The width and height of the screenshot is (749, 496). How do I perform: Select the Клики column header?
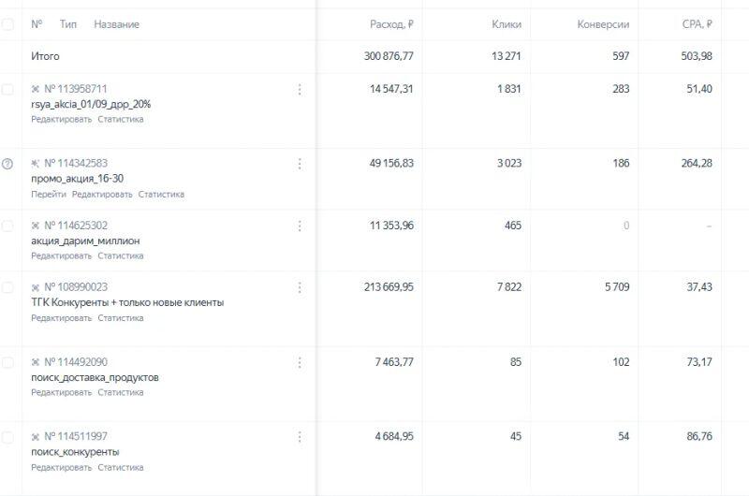(507, 24)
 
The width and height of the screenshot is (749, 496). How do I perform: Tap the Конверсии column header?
(603, 24)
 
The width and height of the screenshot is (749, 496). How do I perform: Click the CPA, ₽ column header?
(697, 24)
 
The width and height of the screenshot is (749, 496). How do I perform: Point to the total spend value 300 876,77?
(389, 56)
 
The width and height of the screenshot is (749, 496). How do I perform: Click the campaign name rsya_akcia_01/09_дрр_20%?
(91, 104)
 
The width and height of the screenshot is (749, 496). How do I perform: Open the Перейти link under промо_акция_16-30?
(49, 195)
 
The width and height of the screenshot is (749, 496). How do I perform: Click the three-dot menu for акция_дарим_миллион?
(300, 226)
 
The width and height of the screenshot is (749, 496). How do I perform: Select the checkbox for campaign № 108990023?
(7, 287)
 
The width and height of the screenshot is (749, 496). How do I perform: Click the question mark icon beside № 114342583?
(7, 164)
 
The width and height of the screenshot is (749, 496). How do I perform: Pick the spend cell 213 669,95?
(389, 287)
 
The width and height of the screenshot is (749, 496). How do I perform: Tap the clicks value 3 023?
(507, 164)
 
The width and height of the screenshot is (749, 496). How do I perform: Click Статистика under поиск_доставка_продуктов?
(121, 393)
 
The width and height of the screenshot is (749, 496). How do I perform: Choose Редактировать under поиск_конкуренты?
(62, 468)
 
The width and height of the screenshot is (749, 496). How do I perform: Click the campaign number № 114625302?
(76, 226)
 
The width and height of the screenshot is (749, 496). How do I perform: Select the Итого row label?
(45, 56)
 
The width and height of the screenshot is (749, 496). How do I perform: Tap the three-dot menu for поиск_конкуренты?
(300, 437)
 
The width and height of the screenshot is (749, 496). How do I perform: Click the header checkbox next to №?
(7, 24)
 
